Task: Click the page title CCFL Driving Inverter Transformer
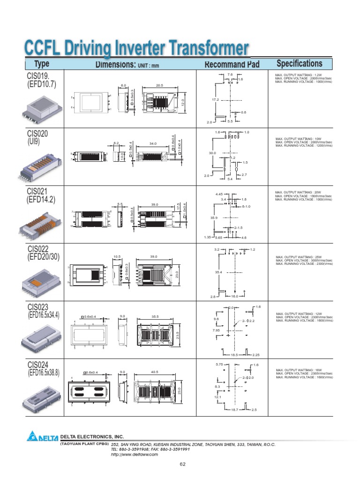136,48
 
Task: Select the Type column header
41,64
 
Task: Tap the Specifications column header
299,64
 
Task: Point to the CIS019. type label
38,75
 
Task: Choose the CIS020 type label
37,134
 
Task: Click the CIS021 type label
37,191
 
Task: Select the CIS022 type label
38,248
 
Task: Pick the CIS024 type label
38,364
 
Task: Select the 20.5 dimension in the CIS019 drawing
159,85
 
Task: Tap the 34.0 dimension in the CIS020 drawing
153,143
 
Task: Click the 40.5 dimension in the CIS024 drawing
154,373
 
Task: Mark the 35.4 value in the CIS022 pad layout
218,272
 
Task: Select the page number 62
183,464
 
